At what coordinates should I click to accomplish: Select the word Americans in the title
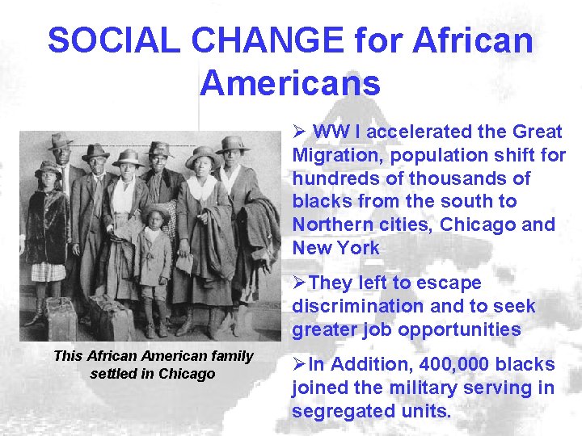[x=290, y=83]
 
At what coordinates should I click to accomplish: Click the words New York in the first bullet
[x=335, y=248]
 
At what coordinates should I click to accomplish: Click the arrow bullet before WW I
[x=298, y=132]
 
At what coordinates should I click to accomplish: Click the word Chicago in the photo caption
[x=188, y=373]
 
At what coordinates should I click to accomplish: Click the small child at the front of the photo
[x=154, y=258]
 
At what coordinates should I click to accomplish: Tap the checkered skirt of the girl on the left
[x=49, y=271]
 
